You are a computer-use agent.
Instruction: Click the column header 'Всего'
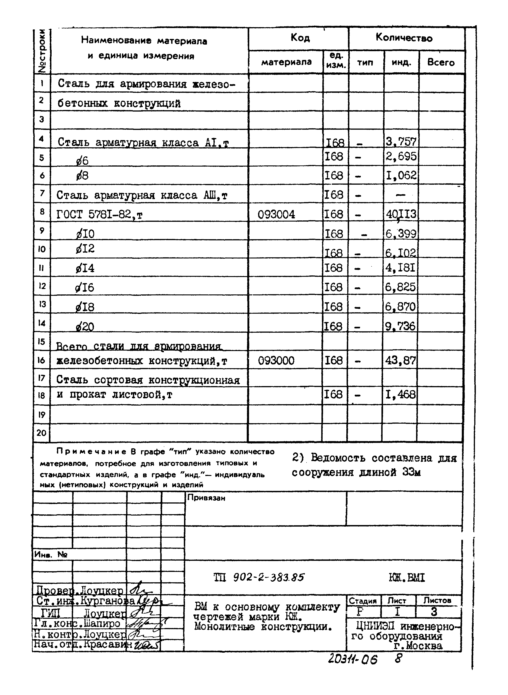[441, 62]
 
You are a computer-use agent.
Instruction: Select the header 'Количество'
[404, 38]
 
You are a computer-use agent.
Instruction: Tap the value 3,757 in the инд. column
[401, 142]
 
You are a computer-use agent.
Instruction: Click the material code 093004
[276, 214]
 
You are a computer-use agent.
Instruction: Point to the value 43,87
[400, 360]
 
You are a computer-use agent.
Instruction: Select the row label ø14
[85, 268]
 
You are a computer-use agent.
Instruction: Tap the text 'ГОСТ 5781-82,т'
[99, 214]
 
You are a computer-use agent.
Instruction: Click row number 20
[41, 433]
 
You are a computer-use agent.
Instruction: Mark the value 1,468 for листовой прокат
[400, 394]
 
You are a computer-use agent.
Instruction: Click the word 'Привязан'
[206, 498]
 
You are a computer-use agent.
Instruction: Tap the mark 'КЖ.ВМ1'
[407, 578]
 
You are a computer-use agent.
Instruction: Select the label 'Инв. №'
[51, 554]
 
